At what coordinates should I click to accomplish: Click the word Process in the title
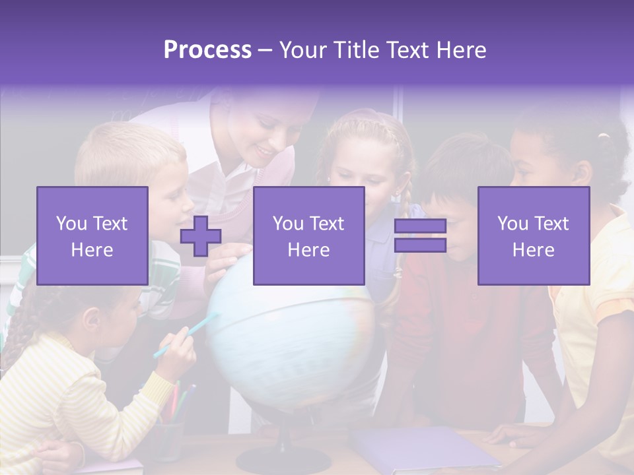[x=207, y=50]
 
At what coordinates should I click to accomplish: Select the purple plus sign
[x=201, y=236]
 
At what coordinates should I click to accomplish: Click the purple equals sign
[x=420, y=236]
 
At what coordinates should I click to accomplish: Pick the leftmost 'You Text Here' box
[x=92, y=236]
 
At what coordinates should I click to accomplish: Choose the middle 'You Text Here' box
[x=309, y=236]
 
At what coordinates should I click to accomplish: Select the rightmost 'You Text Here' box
[x=534, y=236]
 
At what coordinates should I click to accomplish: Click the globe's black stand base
[x=283, y=459]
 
